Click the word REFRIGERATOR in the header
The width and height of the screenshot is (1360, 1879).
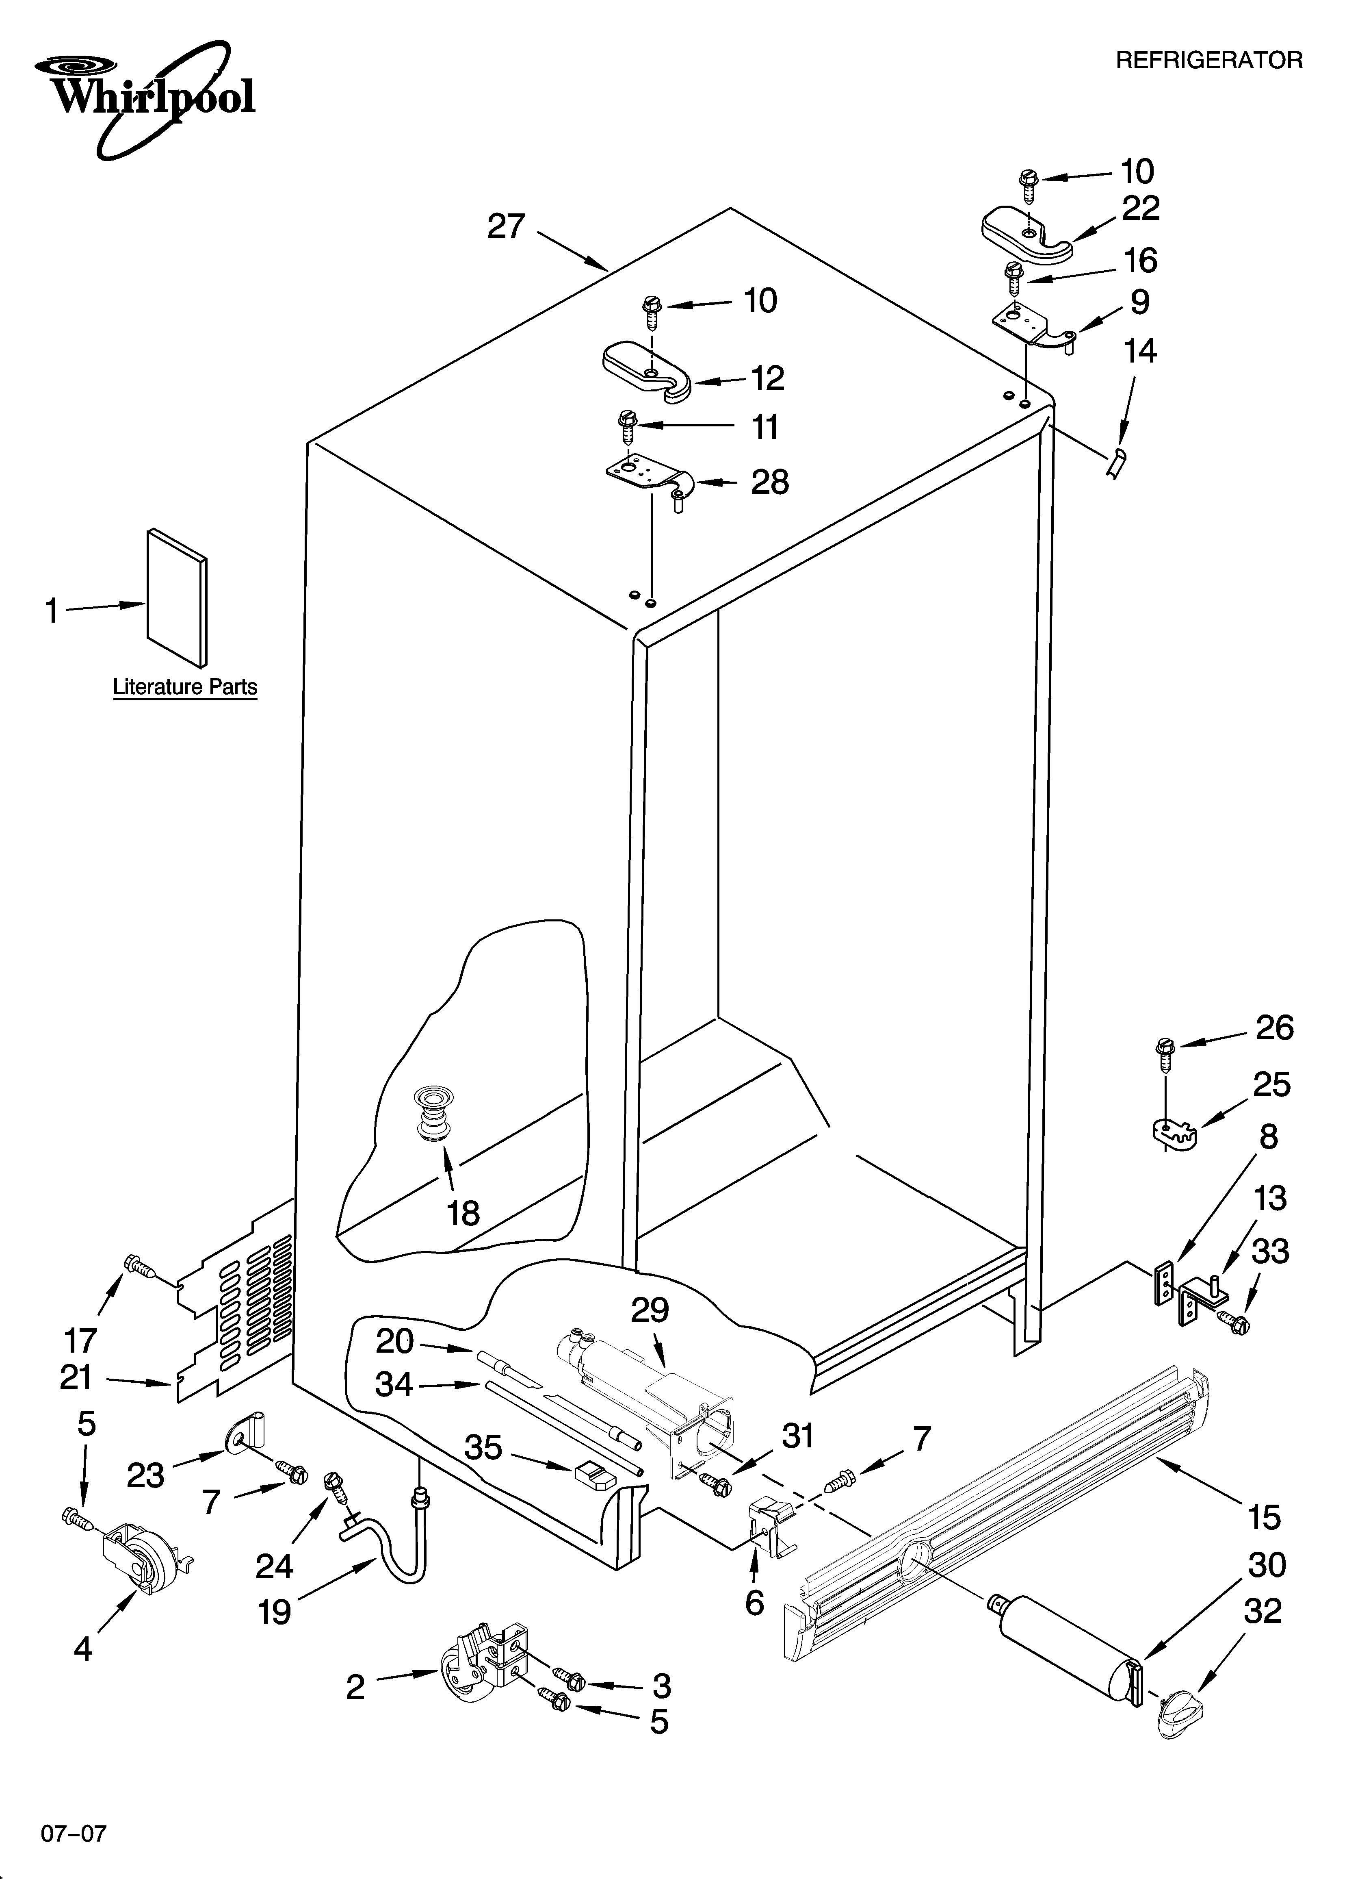click(x=1209, y=61)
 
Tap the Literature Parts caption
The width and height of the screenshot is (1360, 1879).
click(x=185, y=687)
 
